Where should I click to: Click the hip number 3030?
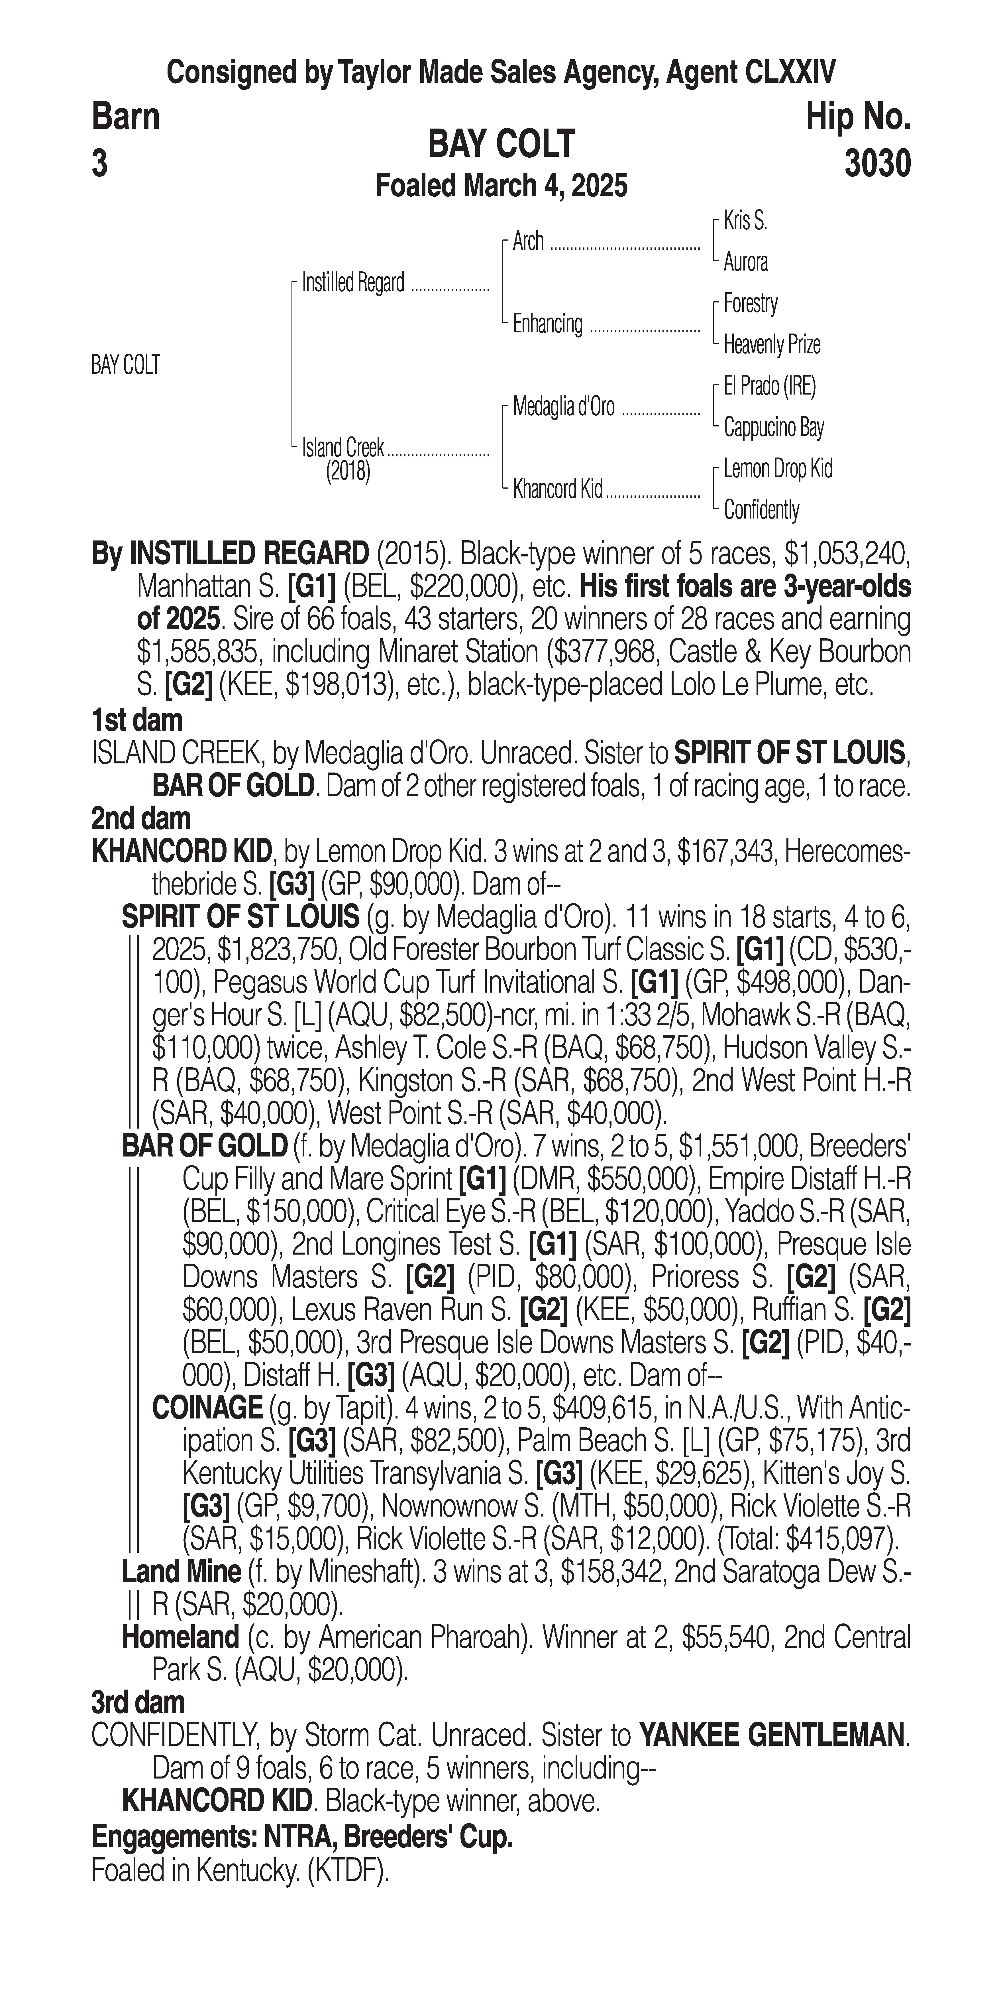[877, 164]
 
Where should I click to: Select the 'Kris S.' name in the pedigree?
[745, 221]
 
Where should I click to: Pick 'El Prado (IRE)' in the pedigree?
[769, 386]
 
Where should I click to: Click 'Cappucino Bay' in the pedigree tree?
[773, 427]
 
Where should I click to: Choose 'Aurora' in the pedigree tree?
[745, 262]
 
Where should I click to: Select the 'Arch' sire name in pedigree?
[528, 242]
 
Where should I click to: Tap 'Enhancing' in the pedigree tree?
[547, 324]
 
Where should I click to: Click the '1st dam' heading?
[137, 720]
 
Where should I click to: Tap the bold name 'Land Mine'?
[181, 1572]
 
